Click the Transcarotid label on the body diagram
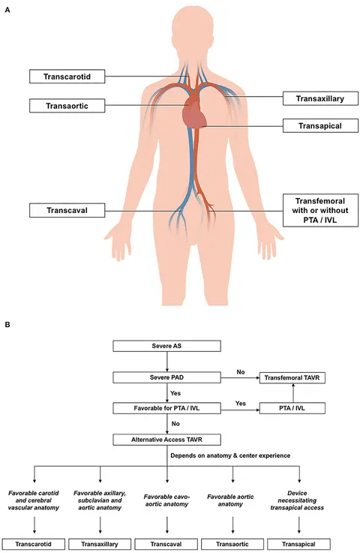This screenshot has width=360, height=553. click(67, 77)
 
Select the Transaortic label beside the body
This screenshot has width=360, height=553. click(67, 106)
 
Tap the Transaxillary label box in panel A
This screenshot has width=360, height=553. click(320, 99)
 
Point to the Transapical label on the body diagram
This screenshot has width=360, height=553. click(320, 126)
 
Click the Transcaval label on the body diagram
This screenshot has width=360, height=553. click(67, 210)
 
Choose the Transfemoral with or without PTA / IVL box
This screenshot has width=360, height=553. click(320, 210)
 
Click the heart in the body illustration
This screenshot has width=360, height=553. click(193, 113)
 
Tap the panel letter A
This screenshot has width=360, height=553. click(7, 11)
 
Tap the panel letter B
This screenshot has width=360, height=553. click(7, 324)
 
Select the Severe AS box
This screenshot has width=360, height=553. click(166, 346)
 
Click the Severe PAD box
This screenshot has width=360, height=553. click(166, 377)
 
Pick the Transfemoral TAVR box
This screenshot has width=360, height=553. click(292, 377)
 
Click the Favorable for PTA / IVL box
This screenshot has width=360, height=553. click(166, 408)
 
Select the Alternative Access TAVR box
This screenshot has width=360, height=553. click(166, 440)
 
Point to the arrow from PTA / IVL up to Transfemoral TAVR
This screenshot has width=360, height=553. click(293, 393)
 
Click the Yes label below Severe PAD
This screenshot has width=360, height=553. click(175, 393)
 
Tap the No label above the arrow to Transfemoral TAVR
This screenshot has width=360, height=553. click(241, 372)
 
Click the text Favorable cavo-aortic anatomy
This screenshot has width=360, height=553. click(166, 500)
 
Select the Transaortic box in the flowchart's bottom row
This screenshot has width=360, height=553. click(232, 544)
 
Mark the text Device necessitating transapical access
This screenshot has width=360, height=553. click(297, 500)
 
